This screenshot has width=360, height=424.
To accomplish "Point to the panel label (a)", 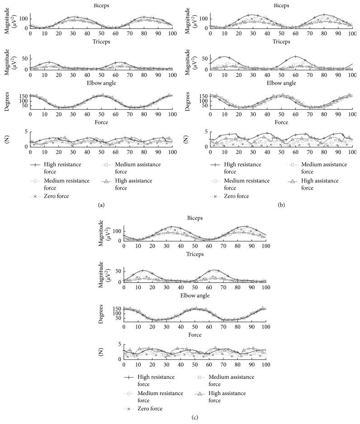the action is pyautogui.click(x=101, y=205).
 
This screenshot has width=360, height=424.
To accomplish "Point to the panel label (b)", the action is pyautogui.click(x=281, y=205).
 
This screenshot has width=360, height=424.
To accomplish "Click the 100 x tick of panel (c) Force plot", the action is pyautogui.click(x=265, y=364).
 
